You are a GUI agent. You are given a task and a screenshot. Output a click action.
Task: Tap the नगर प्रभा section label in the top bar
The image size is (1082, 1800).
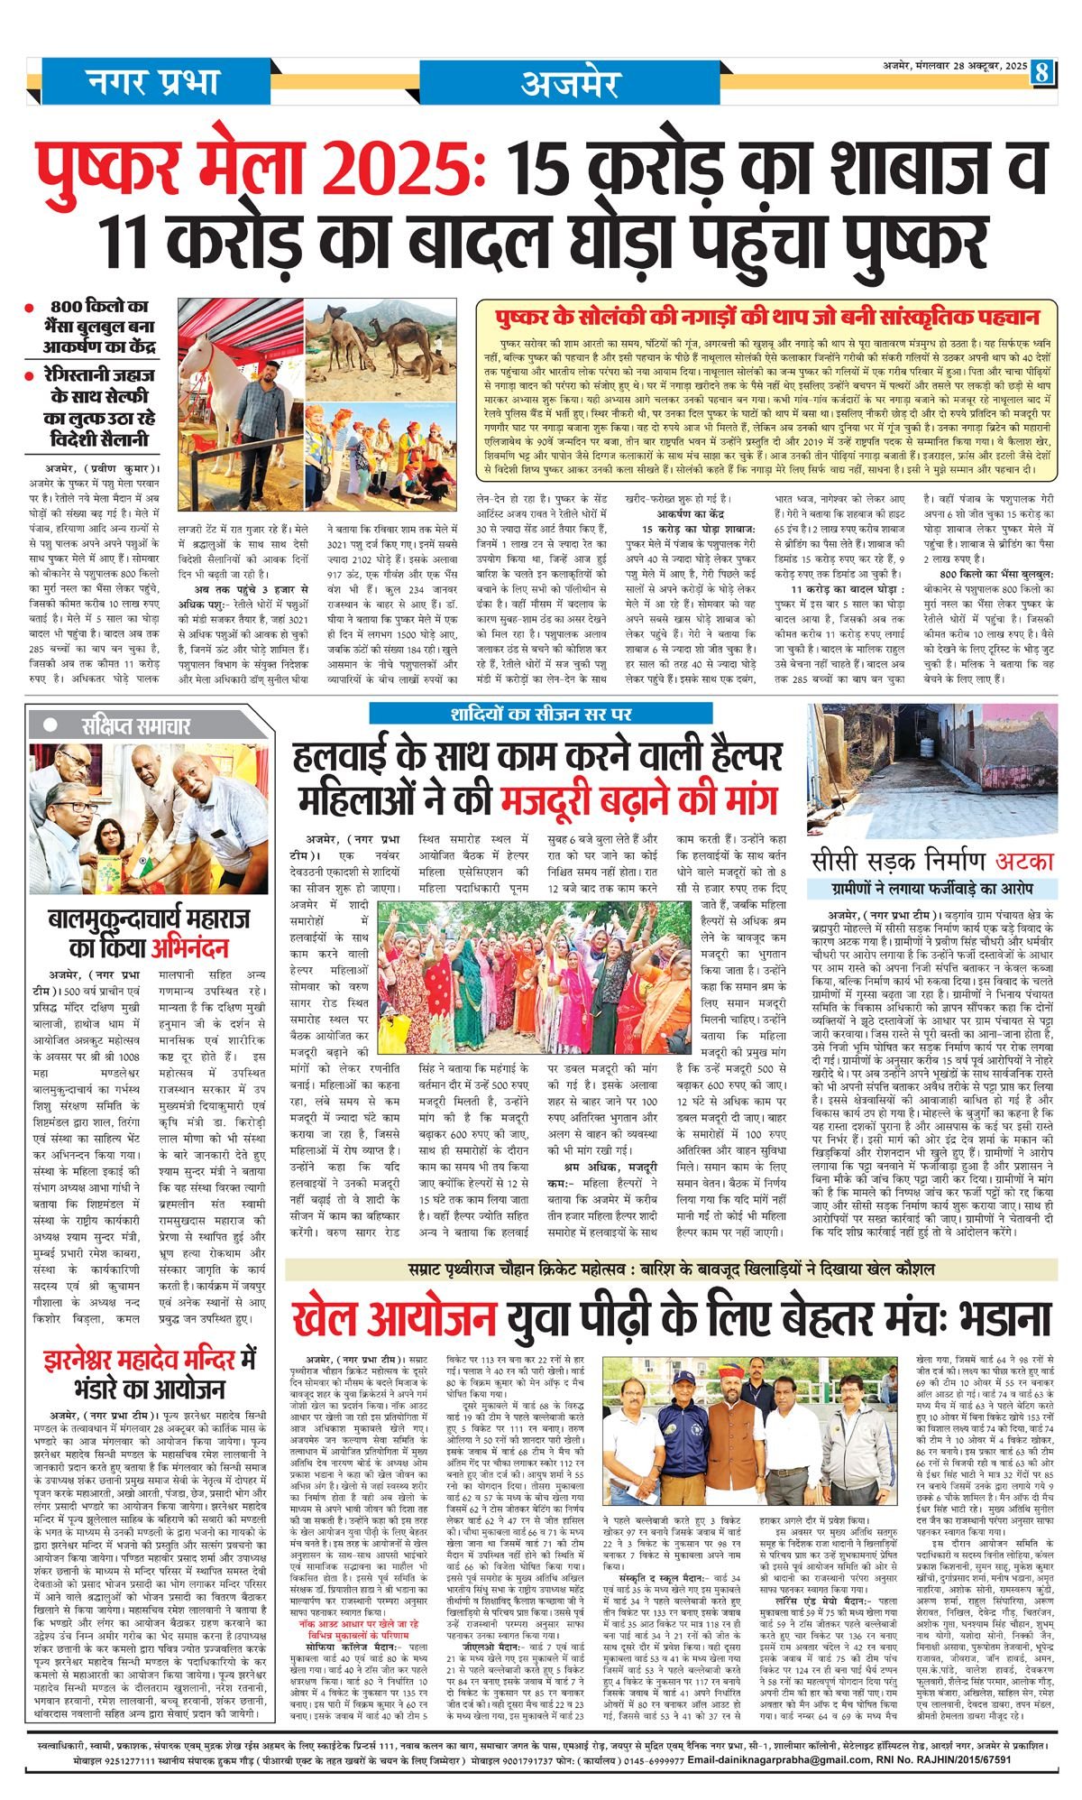click(x=153, y=82)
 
